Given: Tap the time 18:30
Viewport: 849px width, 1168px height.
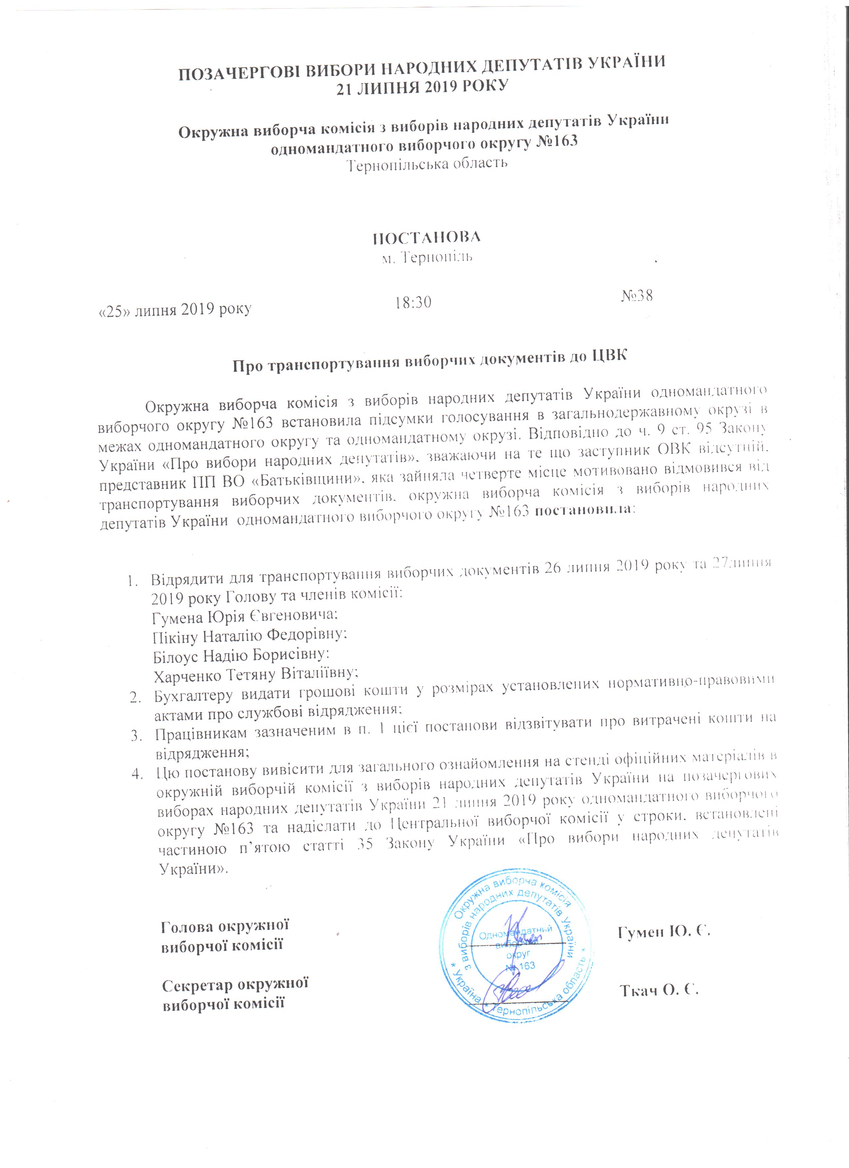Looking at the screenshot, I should click(x=413, y=302).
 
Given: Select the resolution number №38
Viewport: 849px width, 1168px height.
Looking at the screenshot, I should click(x=637, y=296).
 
